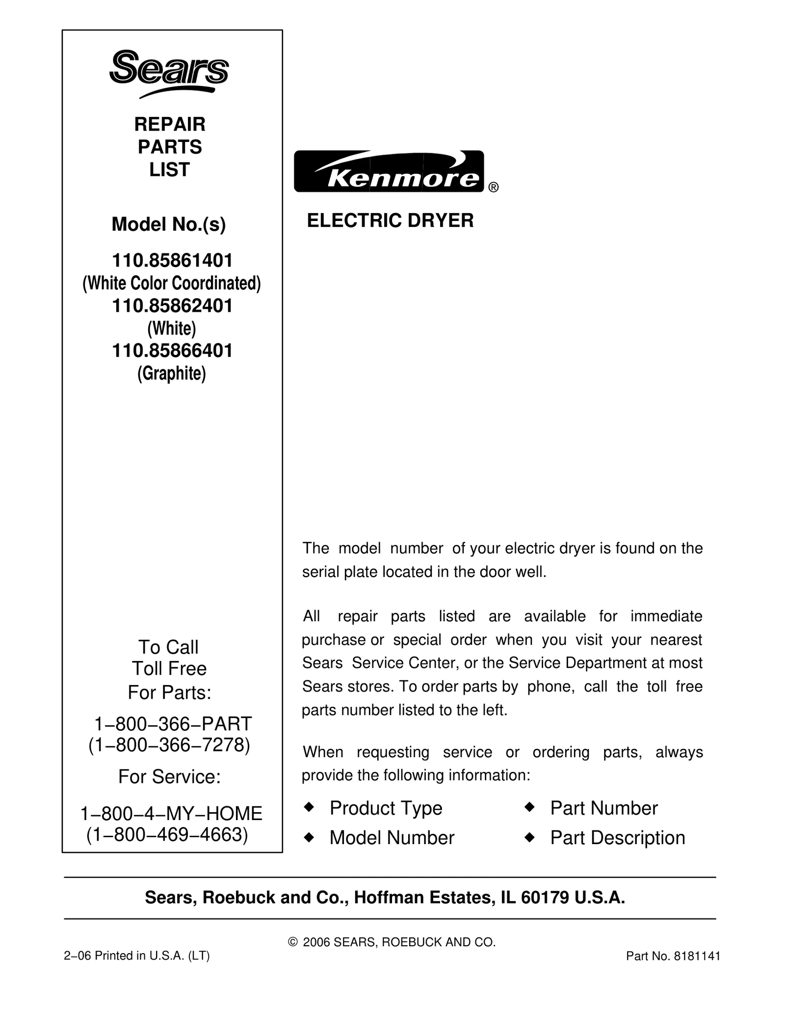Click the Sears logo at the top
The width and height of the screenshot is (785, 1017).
point(169,73)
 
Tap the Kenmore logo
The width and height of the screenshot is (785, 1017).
point(389,171)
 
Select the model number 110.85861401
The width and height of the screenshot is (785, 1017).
point(172,260)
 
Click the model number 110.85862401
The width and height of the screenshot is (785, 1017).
point(172,306)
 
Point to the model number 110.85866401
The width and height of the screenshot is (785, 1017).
point(172,351)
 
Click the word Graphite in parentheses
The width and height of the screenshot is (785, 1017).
point(171,374)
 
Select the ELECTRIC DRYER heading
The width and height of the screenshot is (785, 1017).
point(390,220)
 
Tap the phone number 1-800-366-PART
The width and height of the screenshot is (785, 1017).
point(173,723)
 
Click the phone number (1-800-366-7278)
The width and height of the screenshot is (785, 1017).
point(169,745)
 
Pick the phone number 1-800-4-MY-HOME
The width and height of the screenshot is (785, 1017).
point(171,814)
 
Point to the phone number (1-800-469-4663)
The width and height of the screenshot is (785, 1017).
point(167,835)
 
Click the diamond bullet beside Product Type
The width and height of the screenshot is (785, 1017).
point(309,807)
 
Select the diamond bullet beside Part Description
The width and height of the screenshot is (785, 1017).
point(529,836)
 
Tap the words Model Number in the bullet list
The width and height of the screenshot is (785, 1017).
point(392,838)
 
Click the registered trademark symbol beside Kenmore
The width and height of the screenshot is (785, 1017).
point(494,188)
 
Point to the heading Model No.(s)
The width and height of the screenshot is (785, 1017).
point(169,224)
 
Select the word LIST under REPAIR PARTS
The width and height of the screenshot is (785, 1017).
point(169,170)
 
